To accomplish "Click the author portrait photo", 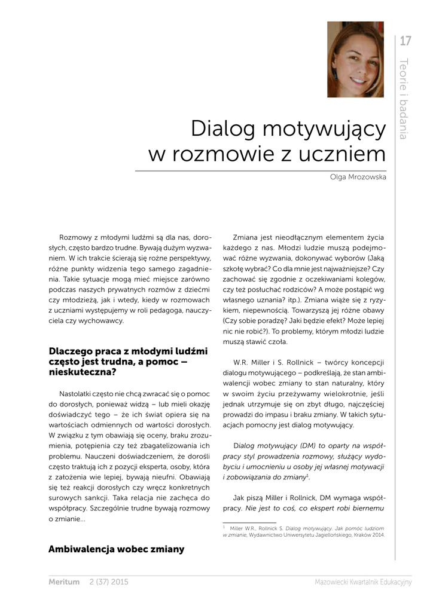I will point(355,59).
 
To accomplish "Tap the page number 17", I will point(405,41).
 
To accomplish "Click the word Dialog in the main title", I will point(222,128).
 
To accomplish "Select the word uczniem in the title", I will point(348,154).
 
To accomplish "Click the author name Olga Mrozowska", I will point(358,178).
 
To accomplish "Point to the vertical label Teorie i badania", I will point(404,99).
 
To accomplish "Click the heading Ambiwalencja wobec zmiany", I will point(116,549).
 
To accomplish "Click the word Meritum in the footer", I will point(64,582).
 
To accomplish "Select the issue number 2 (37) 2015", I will point(108,582).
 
